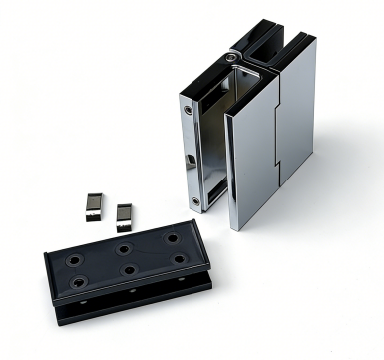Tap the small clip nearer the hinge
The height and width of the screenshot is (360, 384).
point(124,213)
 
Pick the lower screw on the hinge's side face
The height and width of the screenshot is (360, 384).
point(195,201)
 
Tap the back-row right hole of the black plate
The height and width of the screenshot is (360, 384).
point(172,239)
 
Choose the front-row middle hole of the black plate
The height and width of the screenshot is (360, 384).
point(129,270)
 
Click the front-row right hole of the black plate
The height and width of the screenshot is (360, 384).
point(178,259)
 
